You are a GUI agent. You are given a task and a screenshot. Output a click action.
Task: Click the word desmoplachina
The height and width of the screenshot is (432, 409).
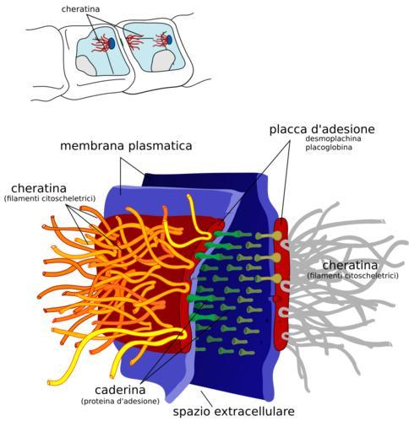pos(333,138)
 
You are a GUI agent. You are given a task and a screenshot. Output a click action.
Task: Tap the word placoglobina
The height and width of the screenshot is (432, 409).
pos(329,148)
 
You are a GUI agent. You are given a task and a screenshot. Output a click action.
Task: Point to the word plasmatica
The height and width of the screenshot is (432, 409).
pos(160,146)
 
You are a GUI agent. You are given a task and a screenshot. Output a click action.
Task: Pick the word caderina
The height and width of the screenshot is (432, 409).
pos(120,390)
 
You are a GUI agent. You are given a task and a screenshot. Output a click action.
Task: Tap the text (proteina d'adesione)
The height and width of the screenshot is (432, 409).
pos(120,401)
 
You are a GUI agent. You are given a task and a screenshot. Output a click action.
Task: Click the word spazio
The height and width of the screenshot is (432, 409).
pos(193,412)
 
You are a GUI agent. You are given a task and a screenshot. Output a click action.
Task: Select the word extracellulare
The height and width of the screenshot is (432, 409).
pos(254,412)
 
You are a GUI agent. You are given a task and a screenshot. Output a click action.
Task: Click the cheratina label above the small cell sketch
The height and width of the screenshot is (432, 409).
pos(80,9)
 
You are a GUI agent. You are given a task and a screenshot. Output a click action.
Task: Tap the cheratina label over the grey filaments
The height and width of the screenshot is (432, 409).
pos(350,266)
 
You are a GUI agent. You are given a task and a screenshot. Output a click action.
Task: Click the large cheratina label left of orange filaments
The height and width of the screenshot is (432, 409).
pos(39,188)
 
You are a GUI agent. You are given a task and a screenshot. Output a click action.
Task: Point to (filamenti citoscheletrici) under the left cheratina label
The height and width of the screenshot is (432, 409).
pos(50,198)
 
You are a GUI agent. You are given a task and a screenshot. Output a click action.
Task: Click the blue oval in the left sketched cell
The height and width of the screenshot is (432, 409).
pos(112,43)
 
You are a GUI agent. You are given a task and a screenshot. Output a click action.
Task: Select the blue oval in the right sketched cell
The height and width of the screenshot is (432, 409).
pos(169,40)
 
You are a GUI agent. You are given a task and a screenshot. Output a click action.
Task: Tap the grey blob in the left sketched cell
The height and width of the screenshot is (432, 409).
pos(86,65)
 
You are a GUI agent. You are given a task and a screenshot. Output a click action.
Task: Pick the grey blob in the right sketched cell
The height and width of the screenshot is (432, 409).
pos(162,61)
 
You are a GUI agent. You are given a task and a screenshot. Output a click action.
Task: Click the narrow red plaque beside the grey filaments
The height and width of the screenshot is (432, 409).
pos(281,284)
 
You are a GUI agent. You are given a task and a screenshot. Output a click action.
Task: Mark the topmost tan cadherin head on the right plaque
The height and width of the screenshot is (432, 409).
pos(276,235)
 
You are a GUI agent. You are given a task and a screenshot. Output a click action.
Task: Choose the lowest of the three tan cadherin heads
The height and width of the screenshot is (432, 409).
pos(276,278)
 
